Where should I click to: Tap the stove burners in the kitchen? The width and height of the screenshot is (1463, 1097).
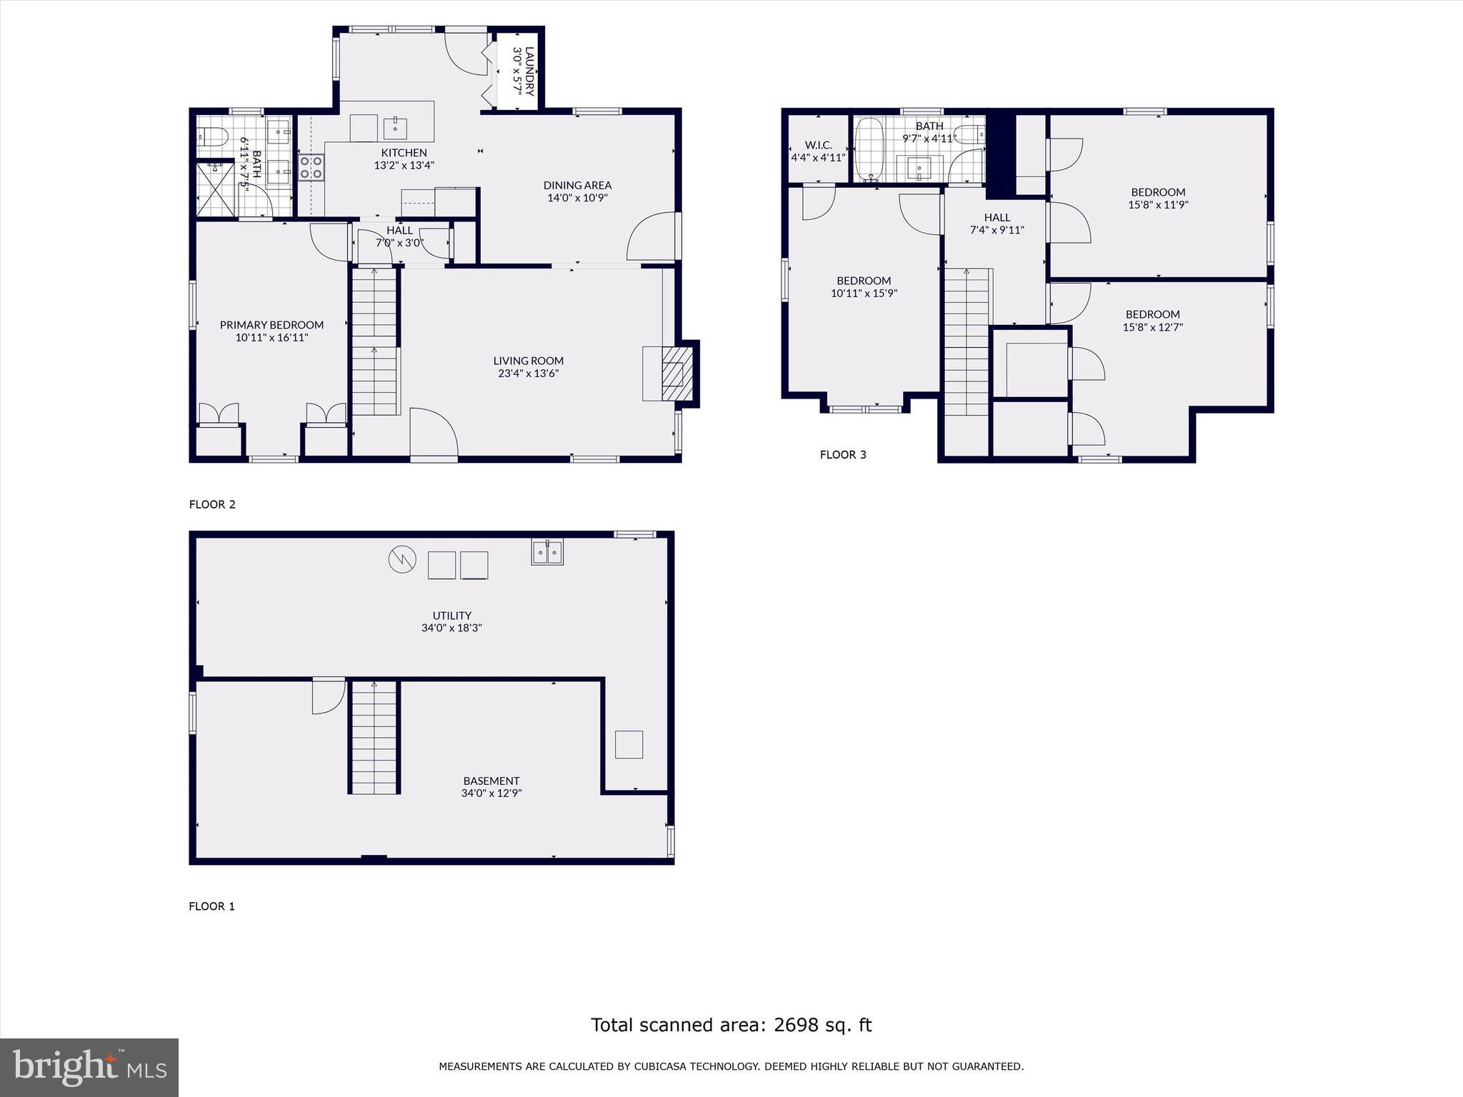(x=311, y=168)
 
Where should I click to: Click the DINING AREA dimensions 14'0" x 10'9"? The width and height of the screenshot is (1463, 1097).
(x=577, y=198)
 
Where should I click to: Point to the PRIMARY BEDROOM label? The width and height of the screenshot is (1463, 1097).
(x=271, y=325)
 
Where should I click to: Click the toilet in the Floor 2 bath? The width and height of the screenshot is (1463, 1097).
(x=212, y=136)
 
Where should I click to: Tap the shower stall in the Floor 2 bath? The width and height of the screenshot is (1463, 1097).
(x=215, y=189)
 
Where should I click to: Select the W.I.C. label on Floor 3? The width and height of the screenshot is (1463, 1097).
(x=818, y=145)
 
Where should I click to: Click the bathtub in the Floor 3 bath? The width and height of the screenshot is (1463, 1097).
(x=869, y=150)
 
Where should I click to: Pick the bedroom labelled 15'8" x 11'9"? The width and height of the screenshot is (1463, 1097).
(x=1158, y=198)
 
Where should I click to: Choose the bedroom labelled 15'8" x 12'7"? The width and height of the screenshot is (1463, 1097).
(x=1152, y=321)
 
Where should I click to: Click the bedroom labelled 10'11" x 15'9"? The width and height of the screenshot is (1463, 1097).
(x=864, y=286)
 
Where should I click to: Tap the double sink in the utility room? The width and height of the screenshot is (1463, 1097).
(x=547, y=552)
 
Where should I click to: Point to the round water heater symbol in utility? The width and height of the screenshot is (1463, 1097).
(x=401, y=559)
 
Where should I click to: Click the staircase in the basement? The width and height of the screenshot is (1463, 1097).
(x=374, y=737)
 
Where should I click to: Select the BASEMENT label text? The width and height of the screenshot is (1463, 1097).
(x=491, y=781)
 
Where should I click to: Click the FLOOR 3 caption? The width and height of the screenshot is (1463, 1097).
(x=843, y=454)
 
